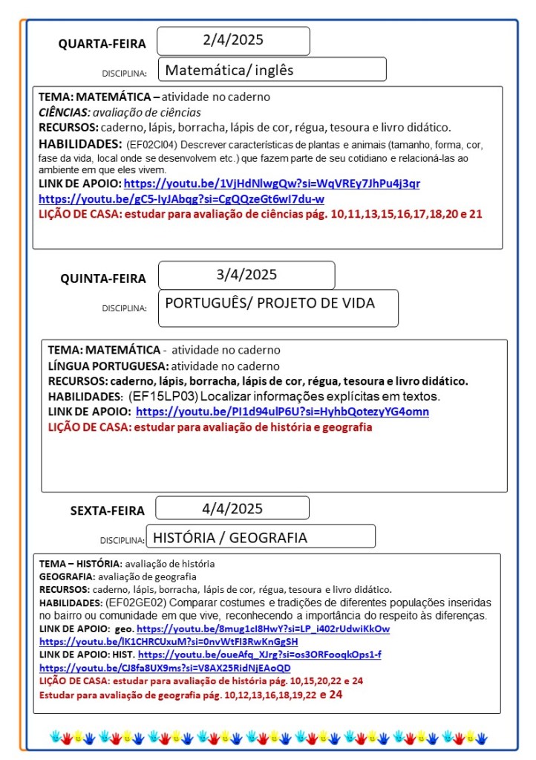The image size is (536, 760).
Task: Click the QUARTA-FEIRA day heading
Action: pyautogui.click(x=102, y=44)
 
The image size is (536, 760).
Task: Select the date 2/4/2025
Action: pyautogui.click(x=233, y=40)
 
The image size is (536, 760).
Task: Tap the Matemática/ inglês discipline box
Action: pyautogui.click(x=272, y=70)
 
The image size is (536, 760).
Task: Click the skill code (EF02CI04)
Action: pyautogui.click(x=153, y=145)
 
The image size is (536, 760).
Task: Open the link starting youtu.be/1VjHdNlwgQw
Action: pyautogui.click(x=272, y=183)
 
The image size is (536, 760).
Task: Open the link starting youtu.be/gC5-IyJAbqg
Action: pyautogui.click(x=181, y=199)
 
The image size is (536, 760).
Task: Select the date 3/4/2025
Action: pyautogui.click(x=246, y=275)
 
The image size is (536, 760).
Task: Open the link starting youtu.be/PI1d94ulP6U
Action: pyautogui.click(x=282, y=412)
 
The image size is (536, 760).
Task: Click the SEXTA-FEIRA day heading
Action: pyautogui.click(x=108, y=510)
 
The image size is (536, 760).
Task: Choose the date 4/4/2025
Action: pyautogui.click(x=232, y=509)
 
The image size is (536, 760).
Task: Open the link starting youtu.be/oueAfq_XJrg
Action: pyautogui.click(x=260, y=655)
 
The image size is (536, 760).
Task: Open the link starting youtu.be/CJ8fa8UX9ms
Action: pyautogui.click(x=165, y=667)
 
